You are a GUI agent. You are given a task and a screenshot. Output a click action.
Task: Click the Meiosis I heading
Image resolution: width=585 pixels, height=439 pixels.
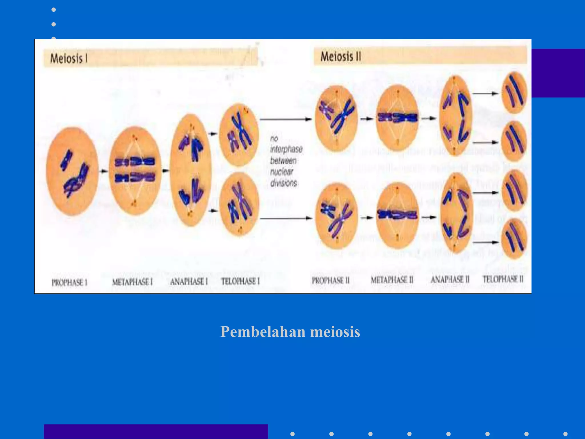coord(69,59)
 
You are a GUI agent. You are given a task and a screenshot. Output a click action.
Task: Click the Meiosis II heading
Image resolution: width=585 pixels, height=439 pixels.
coord(341,56)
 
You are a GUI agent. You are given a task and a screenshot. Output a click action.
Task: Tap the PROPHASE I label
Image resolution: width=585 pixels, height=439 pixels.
coord(69,282)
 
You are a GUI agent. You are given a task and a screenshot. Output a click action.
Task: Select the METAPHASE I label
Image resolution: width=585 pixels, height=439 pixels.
coord(132,282)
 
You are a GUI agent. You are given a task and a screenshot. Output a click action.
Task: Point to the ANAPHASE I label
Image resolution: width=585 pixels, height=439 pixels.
coord(189,282)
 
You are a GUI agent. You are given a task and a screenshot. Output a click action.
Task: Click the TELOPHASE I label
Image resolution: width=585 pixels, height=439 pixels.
coord(241,281)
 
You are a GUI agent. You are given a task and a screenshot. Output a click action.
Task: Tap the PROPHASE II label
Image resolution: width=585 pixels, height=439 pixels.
coord(330,280)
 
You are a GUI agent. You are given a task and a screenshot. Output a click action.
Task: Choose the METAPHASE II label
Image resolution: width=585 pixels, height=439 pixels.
coord(392,280)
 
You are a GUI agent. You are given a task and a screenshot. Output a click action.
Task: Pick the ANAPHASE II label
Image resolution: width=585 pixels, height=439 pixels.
coord(450,280)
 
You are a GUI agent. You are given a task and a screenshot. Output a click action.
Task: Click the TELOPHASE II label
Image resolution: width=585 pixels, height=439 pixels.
coord(503,279)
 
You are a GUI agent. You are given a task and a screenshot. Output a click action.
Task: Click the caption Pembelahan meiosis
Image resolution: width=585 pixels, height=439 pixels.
coord(290,332)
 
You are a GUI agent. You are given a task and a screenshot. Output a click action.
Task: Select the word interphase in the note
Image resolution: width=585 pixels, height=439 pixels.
coord(286,149)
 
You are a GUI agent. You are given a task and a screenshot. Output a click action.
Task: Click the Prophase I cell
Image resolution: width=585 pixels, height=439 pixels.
coord(72,171)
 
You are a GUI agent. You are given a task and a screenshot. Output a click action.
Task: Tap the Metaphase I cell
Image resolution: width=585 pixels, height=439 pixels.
coord(135,171)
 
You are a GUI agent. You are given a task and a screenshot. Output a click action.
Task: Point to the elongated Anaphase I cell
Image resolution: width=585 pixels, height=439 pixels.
coord(191,170)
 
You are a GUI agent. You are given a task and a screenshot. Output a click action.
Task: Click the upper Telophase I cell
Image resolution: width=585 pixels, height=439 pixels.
coord(239,135)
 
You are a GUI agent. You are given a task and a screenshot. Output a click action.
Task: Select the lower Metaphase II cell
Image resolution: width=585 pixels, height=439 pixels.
coord(397,216)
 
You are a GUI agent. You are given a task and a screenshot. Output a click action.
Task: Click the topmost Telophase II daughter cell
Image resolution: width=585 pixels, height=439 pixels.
coord(514,93)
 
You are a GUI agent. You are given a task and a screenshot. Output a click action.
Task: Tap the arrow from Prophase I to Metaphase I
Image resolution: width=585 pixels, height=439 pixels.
coord(104,171)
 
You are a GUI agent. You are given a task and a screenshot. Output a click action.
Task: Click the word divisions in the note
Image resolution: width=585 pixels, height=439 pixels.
coord(284,183)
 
